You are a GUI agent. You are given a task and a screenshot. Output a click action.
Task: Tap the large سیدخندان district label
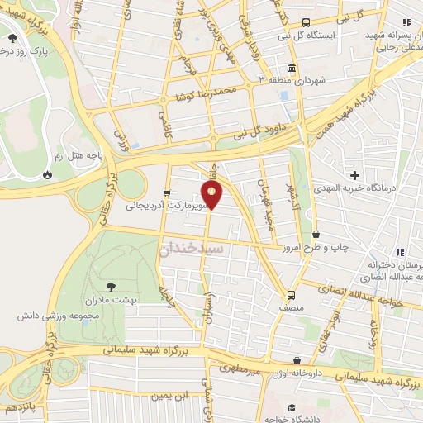(x=192, y=247)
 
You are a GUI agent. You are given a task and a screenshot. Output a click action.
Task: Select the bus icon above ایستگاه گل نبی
(x=306, y=23)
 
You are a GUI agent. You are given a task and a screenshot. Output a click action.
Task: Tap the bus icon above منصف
(x=291, y=295)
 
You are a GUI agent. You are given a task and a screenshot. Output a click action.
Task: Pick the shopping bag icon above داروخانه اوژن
(x=297, y=360)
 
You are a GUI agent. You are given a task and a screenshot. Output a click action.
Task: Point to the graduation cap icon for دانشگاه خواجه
(x=292, y=407)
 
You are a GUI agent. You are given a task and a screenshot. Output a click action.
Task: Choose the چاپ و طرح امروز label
(x=336, y=246)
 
